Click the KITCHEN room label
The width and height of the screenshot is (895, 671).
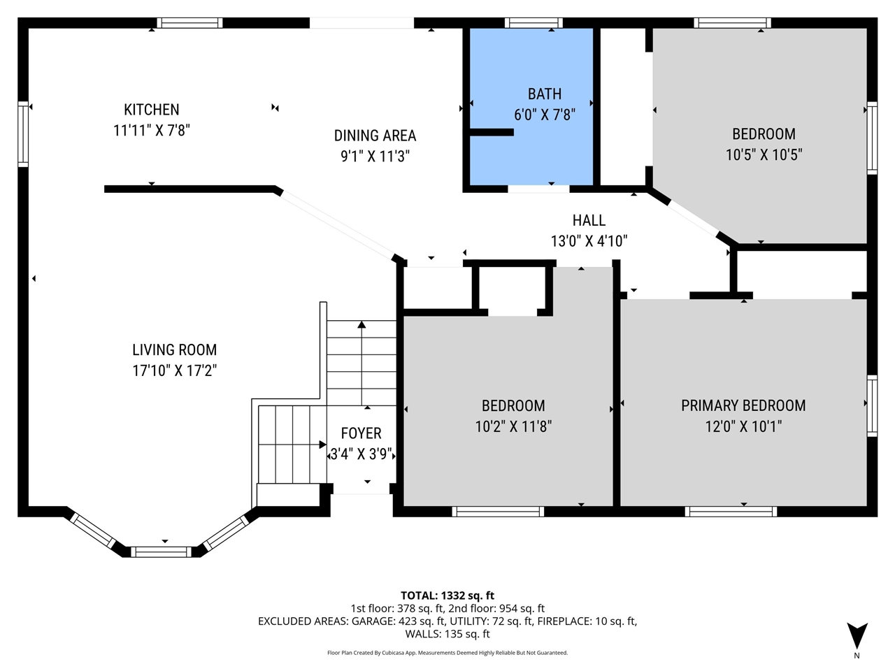tap(151, 110)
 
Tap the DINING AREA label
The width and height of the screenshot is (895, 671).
tap(375, 136)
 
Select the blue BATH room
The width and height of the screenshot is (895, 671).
tap(531, 107)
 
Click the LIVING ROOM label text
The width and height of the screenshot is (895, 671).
tap(174, 350)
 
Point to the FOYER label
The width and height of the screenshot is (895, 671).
tap(361, 433)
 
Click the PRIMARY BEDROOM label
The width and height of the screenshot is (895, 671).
tap(743, 406)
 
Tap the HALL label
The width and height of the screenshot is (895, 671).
tap(589, 220)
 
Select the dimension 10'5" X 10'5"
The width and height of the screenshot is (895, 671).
tap(764, 154)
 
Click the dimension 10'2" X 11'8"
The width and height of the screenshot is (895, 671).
tap(513, 426)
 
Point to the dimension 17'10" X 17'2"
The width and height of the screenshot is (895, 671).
tap(174, 370)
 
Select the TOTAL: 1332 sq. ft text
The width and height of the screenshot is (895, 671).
tap(447, 596)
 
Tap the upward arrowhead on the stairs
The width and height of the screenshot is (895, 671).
tap(361, 325)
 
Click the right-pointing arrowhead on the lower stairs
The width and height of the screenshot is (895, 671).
tap(322, 444)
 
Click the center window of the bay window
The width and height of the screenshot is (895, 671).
tap(161, 552)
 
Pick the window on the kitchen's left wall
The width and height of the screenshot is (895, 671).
tap(23, 134)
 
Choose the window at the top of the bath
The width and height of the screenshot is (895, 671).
tap(534, 23)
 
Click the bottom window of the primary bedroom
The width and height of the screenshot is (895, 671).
tap(731, 512)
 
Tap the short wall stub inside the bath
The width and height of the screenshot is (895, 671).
tap(492, 132)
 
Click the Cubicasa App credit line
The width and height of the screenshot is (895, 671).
tap(447, 653)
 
